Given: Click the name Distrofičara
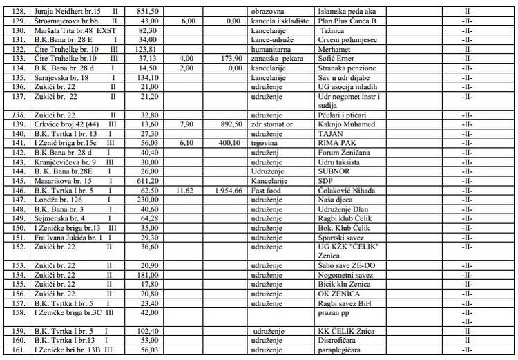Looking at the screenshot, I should tap(335, 341).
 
